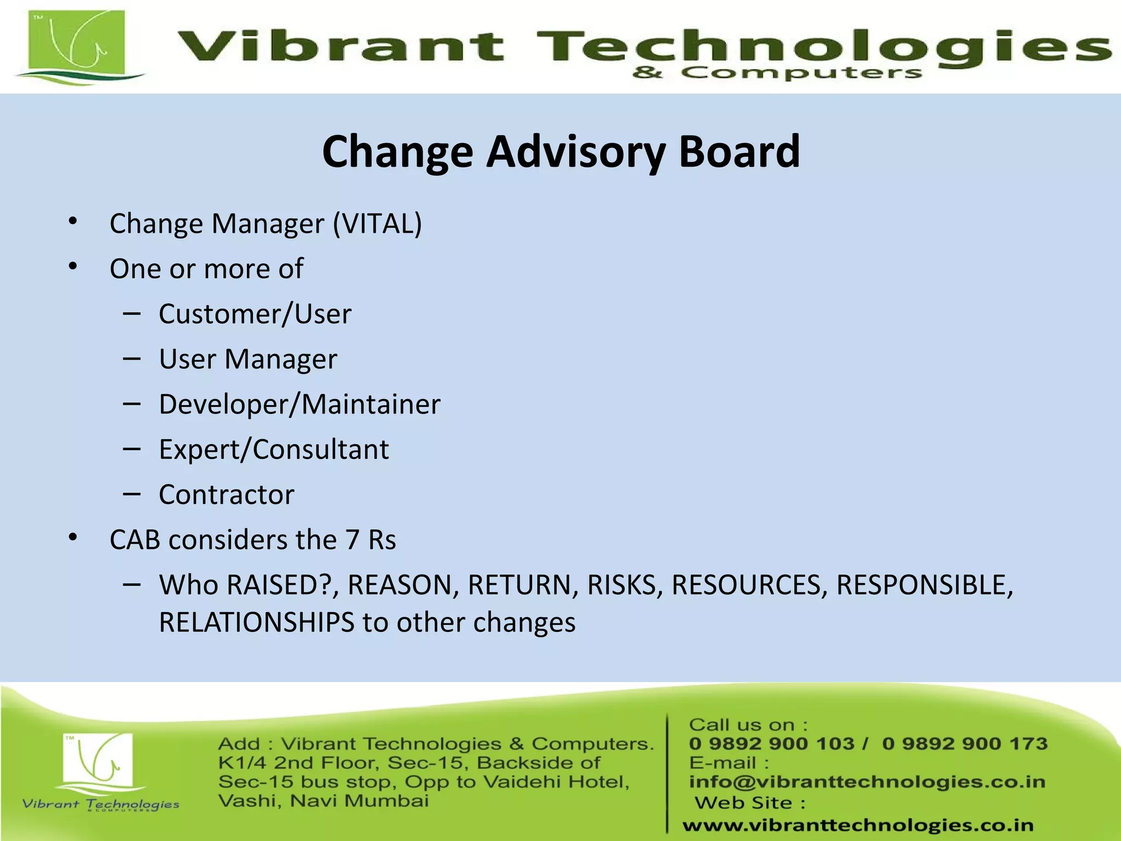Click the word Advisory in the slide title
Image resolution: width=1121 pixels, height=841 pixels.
[x=576, y=152]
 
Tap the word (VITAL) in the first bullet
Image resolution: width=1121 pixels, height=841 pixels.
[x=378, y=224]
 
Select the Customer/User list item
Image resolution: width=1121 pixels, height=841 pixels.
[x=255, y=314]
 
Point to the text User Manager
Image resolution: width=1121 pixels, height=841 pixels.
[x=248, y=360]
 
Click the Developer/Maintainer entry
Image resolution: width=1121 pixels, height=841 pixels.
[x=299, y=405]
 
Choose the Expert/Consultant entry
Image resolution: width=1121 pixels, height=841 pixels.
[x=274, y=450]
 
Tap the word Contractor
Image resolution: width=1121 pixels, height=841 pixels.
[x=227, y=495]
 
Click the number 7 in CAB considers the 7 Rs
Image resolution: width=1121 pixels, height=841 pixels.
[x=352, y=540]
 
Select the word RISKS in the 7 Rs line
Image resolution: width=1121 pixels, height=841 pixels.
[x=621, y=585]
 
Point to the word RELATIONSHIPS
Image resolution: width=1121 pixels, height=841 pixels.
[x=257, y=623]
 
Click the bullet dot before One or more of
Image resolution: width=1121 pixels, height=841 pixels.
[x=73, y=267]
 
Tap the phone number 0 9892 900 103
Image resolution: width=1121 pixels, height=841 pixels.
[x=771, y=744]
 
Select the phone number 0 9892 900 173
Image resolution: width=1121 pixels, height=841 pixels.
[x=964, y=744]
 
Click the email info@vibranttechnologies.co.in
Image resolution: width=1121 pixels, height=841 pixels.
[x=867, y=782]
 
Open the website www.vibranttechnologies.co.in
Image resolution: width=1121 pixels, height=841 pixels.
[x=858, y=825]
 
